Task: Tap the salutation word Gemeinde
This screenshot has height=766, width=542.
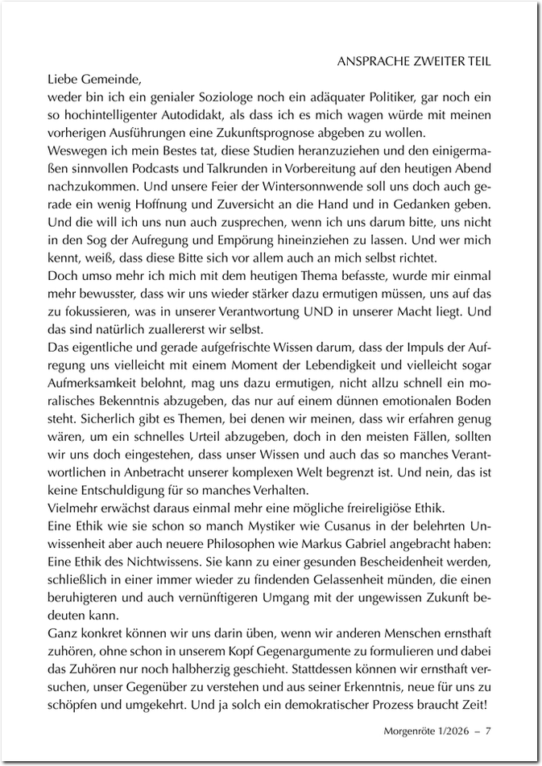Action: pos(113,80)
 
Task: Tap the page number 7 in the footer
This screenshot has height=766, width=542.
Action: pos(488,731)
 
